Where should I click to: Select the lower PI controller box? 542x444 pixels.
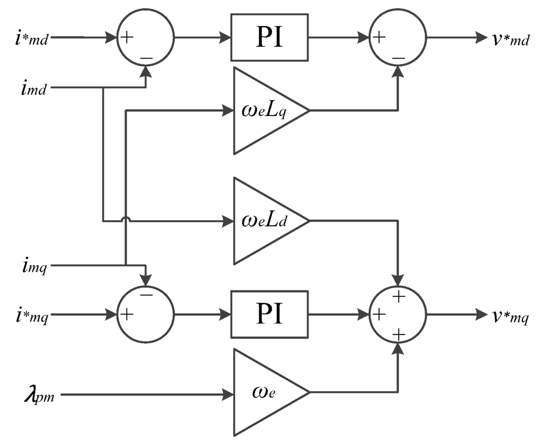click(269, 315)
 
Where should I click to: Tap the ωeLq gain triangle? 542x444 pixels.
click(265, 111)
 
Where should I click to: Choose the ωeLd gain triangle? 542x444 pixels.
click(265, 220)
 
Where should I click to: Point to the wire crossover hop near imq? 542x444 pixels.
click(125, 219)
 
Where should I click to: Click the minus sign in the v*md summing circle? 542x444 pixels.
click(399, 57)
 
